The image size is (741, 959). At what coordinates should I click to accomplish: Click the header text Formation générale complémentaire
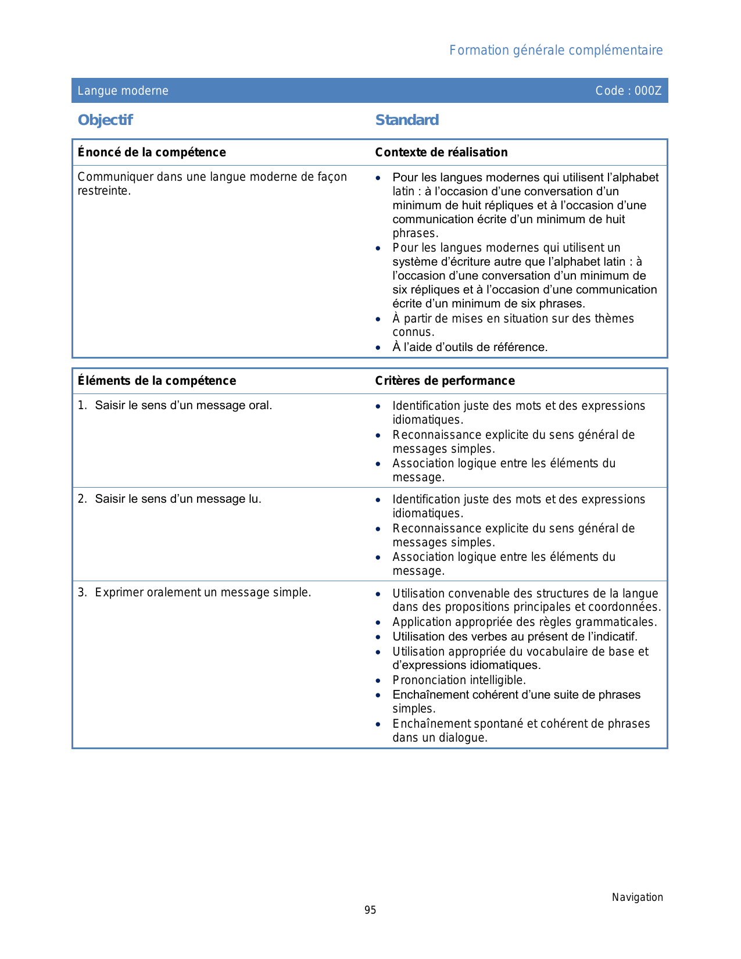tap(556, 51)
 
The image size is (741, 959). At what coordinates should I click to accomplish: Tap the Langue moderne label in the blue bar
tap(123, 91)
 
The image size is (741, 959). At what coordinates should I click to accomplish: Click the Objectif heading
tap(105, 120)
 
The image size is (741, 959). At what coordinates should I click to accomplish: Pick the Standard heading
tap(407, 120)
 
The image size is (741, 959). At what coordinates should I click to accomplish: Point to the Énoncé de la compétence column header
tap(152, 152)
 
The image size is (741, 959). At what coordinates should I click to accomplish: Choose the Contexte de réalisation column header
tap(441, 152)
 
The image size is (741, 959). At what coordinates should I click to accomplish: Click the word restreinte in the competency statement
tap(103, 191)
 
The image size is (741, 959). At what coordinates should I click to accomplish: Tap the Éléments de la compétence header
tap(157, 381)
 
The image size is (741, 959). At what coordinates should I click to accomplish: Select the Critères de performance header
tap(445, 381)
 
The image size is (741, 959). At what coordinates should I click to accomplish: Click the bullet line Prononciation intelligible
tap(459, 680)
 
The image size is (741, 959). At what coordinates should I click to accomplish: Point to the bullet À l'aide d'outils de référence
tap(470, 347)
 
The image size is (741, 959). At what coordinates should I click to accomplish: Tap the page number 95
tap(370, 910)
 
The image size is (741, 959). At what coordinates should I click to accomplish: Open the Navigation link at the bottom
tap(637, 897)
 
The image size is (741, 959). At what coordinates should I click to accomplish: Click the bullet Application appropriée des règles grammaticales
tap(524, 622)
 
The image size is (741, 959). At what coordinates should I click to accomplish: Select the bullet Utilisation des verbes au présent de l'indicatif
tap(515, 636)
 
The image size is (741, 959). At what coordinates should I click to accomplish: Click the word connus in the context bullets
tap(413, 332)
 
